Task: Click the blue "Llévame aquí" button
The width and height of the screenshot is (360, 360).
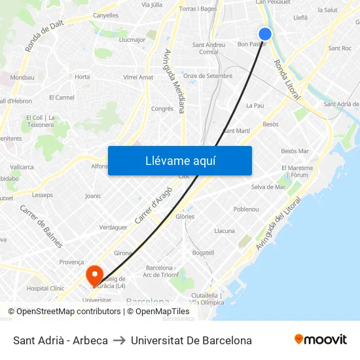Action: point(179,160)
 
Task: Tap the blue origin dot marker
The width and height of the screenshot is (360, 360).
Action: point(264,34)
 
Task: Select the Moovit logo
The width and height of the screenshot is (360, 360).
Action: point(321,340)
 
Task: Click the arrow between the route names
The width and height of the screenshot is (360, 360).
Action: point(119,340)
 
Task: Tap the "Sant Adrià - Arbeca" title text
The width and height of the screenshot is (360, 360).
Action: point(60,340)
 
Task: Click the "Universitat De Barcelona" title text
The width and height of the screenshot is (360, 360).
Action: point(191,340)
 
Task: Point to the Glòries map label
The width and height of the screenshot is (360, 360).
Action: point(185,217)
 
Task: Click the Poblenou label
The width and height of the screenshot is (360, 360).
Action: point(246,209)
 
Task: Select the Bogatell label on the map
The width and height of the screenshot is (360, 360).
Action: point(203,253)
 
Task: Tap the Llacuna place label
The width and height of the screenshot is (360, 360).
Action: point(225,231)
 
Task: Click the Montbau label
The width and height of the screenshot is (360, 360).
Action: point(22,77)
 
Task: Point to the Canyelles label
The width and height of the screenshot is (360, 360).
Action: point(105,15)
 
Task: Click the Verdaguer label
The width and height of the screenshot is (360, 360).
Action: point(113,227)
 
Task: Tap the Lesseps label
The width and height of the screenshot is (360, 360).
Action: point(43,195)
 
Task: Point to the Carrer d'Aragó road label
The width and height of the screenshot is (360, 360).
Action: point(153,205)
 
